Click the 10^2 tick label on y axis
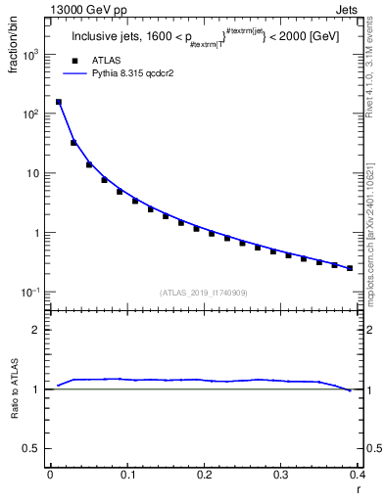click(x=31, y=114)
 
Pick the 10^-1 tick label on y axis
click(x=31, y=293)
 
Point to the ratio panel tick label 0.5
click(x=34, y=449)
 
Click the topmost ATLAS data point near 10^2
click(x=58, y=102)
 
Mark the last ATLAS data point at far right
click(x=350, y=268)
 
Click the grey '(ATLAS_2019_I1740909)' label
click(x=204, y=293)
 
